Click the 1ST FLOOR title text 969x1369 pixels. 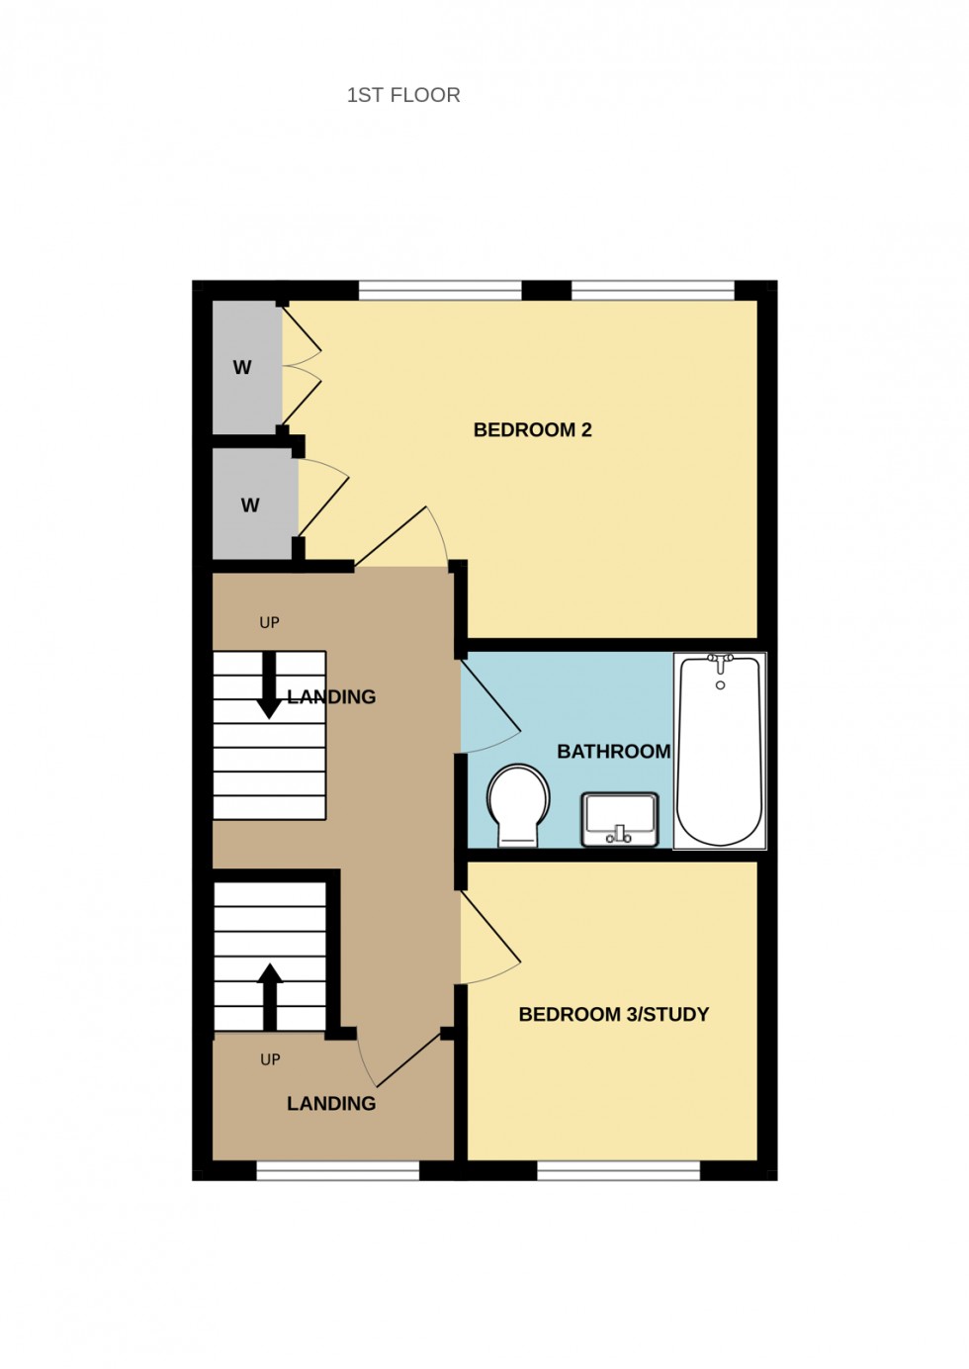[x=403, y=95]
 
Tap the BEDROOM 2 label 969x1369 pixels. [x=532, y=429]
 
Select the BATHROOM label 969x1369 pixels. [x=613, y=752]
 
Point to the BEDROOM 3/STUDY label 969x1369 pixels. [x=613, y=1014]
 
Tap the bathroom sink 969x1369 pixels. [x=620, y=819]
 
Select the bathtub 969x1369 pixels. [x=720, y=752]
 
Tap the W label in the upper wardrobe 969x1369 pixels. [x=242, y=367]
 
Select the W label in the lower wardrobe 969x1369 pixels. [x=250, y=505]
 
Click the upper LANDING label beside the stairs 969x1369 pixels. [x=332, y=696]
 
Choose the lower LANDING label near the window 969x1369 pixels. [x=331, y=1103]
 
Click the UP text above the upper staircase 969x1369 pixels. [x=269, y=622]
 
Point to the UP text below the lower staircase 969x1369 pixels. [x=270, y=1059]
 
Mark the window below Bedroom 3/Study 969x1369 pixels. [x=619, y=1171]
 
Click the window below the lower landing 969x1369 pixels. [x=338, y=1171]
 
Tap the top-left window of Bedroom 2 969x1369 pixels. [x=439, y=289]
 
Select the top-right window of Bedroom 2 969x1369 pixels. [x=653, y=289]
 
